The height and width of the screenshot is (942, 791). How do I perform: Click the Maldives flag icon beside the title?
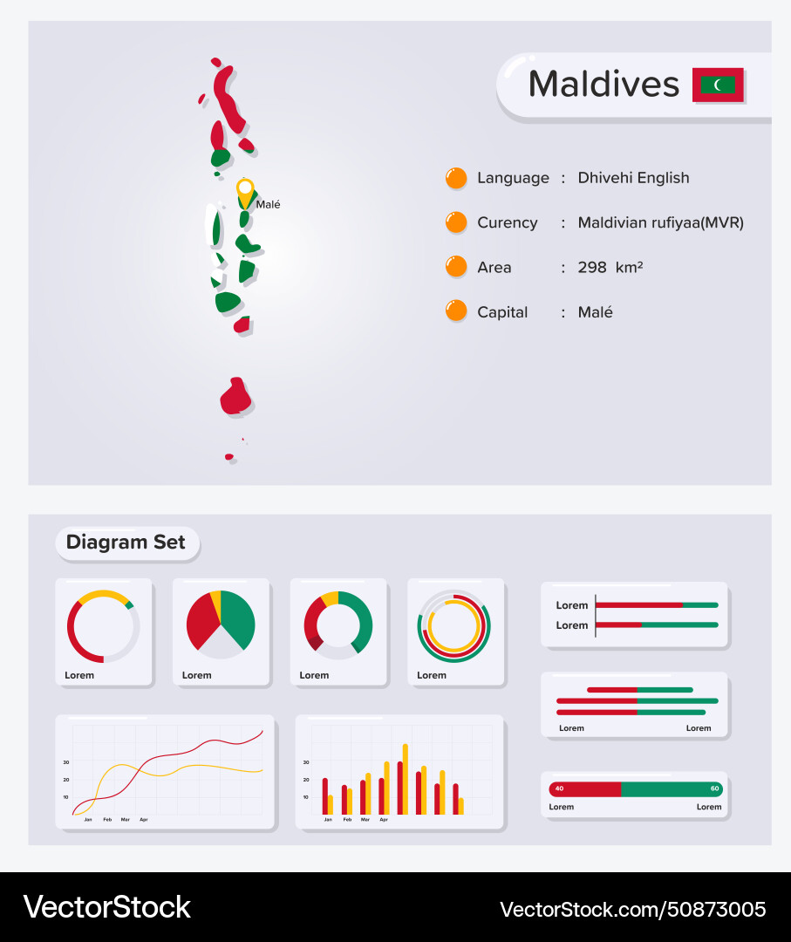click(718, 85)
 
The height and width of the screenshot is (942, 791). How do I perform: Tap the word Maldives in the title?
click(603, 84)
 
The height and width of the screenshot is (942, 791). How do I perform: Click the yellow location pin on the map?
click(246, 190)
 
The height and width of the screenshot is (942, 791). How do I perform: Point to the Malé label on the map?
click(268, 205)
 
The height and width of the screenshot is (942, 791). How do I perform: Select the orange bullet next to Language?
click(456, 178)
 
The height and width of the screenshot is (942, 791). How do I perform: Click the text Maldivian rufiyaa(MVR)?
click(660, 222)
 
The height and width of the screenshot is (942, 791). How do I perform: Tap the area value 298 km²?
click(610, 268)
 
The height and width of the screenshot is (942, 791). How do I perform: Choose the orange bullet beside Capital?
click(456, 311)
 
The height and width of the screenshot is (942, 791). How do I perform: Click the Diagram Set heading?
click(126, 543)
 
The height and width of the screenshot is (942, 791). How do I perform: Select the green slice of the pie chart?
click(237, 617)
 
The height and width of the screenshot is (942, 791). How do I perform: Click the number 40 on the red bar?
click(559, 788)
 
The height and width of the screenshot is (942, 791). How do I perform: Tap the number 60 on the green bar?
click(714, 788)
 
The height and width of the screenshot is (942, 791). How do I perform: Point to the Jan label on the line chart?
click(87, 820)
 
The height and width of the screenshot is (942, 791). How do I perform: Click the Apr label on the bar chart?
click(384, 820)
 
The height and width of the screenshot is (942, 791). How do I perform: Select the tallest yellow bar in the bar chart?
click(406, 778)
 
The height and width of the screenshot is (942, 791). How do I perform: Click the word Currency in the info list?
click(507, 222)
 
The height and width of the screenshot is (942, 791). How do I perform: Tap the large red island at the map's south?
click(235, 397)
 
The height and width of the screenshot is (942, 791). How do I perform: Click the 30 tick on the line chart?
click(65, 761)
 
